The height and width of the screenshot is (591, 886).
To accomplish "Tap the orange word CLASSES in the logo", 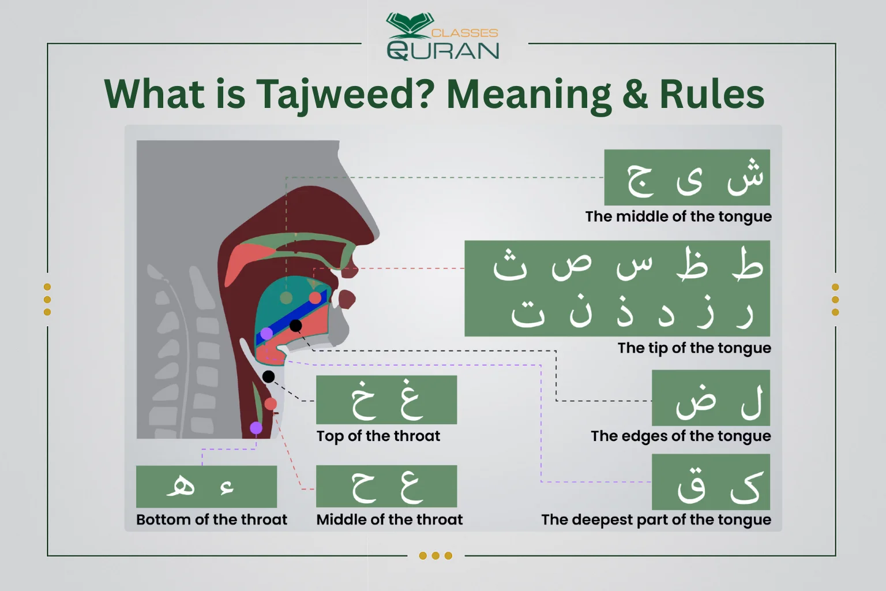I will tap(464, 33).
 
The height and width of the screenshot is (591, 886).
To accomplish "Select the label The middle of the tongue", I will tap(678, 216).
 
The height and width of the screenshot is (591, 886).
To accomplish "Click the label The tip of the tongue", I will tap(694, 348).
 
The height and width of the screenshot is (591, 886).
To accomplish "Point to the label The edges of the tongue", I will tap(681, 436).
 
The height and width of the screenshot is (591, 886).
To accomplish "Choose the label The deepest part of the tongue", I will tap(656, 519).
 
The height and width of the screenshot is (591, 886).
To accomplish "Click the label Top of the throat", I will tap(378, 436).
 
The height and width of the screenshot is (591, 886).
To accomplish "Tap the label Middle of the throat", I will tap(389, 519).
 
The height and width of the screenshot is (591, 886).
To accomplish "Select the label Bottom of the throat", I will tap(212, 519).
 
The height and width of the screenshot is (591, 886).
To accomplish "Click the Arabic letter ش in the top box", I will tap(745, 176).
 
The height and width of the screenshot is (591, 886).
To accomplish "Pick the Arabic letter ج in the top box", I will tap(640, 179).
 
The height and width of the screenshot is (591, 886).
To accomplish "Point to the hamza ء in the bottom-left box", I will tap(227, 488).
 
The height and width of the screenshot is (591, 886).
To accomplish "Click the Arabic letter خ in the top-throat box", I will tap(364, 400).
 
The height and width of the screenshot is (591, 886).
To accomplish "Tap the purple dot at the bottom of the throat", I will tap(256, 428).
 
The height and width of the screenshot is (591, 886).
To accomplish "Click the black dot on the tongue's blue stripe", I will tap(295, 326).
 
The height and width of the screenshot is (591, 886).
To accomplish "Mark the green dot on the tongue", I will tap(286, 298).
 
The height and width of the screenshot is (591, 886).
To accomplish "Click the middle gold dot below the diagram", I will tap(436, 556).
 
